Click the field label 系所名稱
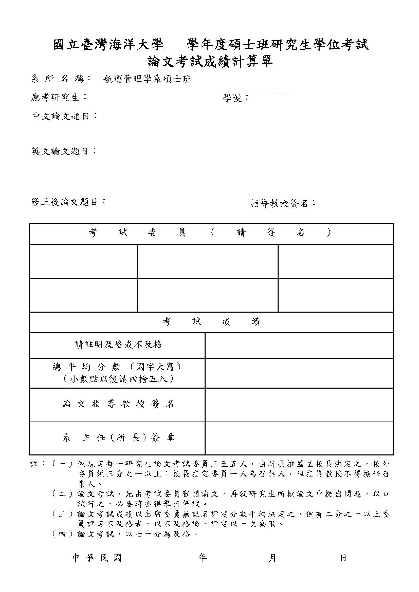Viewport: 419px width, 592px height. pos(61,79)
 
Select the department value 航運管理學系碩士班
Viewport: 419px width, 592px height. pos(147,79)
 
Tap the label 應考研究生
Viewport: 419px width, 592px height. pos(59,98)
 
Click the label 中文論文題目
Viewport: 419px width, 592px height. pos(65,116)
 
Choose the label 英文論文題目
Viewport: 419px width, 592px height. pos(64,151)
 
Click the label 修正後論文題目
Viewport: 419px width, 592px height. pos(68,202)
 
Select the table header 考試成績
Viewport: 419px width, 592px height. pos(211,322)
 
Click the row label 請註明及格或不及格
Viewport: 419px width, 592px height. pos(119,345)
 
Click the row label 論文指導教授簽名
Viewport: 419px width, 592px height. pos(118,404)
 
